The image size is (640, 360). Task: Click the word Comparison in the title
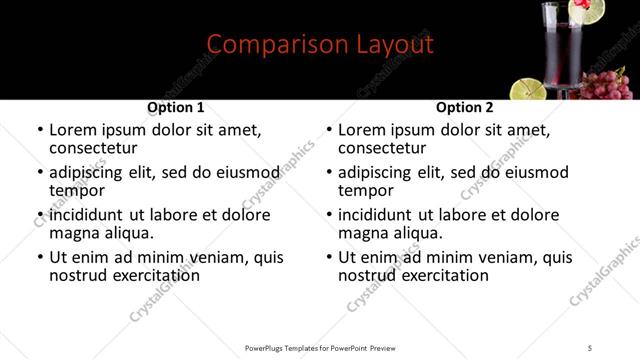pos(264,45)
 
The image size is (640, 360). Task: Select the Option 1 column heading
pos(176,107)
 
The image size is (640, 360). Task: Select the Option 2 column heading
pos(465,107)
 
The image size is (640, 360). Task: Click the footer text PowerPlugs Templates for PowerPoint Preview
pos(320,348)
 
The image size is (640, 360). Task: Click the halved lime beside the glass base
pos(529,88)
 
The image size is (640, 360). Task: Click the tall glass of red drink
pos(562,50)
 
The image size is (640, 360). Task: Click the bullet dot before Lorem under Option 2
pos(329,131)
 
